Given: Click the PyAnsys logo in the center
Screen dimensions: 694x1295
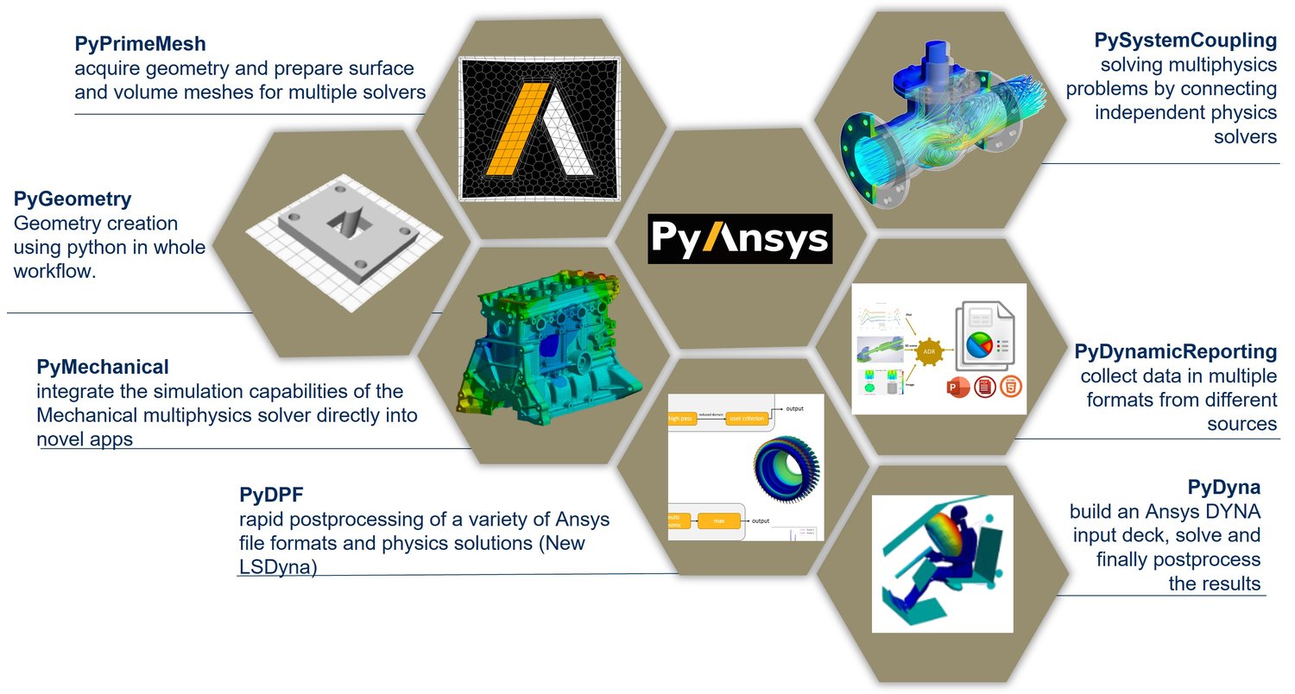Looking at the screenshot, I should click(740, 238).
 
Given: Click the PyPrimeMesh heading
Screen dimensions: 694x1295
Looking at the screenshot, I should click(141, 42).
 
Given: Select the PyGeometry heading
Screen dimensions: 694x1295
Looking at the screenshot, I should click(73, 199).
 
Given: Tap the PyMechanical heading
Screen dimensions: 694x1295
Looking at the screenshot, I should click(103, 367).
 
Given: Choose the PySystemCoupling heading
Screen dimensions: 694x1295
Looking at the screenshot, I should click(1185, 40).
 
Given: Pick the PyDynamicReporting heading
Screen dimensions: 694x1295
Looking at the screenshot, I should click(1175, 351).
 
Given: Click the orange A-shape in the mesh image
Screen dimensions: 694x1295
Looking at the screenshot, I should click(517, 127).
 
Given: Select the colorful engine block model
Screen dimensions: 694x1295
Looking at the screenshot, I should click(544, 345).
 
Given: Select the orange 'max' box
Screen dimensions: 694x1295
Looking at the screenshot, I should click(716, 520).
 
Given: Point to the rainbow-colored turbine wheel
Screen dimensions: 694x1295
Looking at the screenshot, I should click(786, 471).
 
